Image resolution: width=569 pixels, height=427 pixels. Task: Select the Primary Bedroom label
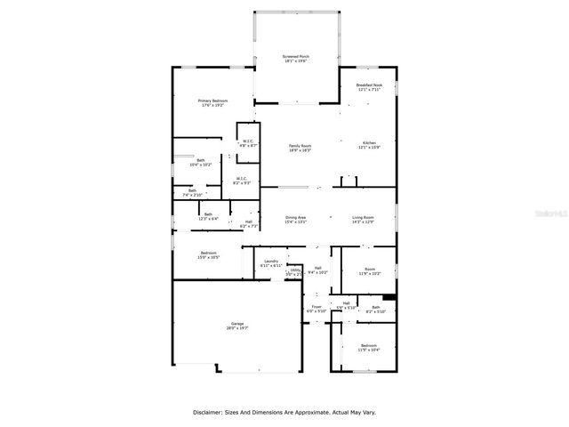pyautogui.click(x=213, y=102)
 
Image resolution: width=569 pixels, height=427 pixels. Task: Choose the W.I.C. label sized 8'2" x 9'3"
pyautogui.click(x=241, y=180)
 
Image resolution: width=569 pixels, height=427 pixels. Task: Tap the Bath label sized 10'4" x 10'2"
pyautogui.click(x=200, y=162)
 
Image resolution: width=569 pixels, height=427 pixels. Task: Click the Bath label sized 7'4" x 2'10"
pyautogui.click(x=193, y=192)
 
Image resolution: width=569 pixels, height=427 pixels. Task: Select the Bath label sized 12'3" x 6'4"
pyautogui.click(x=208, y=215)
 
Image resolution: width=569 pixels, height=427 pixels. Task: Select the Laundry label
pyautogui.click(x=270, y=262)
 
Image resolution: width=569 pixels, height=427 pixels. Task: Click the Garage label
pyautogui.click(x=236, y=326)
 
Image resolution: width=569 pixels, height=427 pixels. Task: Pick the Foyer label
pyautogui.click(x=317, y=309)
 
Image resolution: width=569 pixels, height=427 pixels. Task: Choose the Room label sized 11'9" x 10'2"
pyautogui.click(x=369, y=272)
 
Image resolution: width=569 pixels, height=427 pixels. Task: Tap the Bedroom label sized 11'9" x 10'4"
pyautogui.click(x=368, y=347)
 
